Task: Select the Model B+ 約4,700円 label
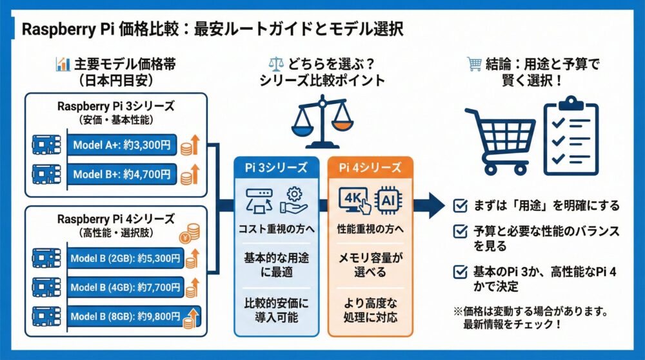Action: coord(122,174)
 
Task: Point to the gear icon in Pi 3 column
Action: coord(294,193)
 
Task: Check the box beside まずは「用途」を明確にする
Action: coord(460,206)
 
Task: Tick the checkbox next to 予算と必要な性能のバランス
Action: coord(460,230)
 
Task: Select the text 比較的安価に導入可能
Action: coord(275,310)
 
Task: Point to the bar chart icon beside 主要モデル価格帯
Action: coord(63,64)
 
